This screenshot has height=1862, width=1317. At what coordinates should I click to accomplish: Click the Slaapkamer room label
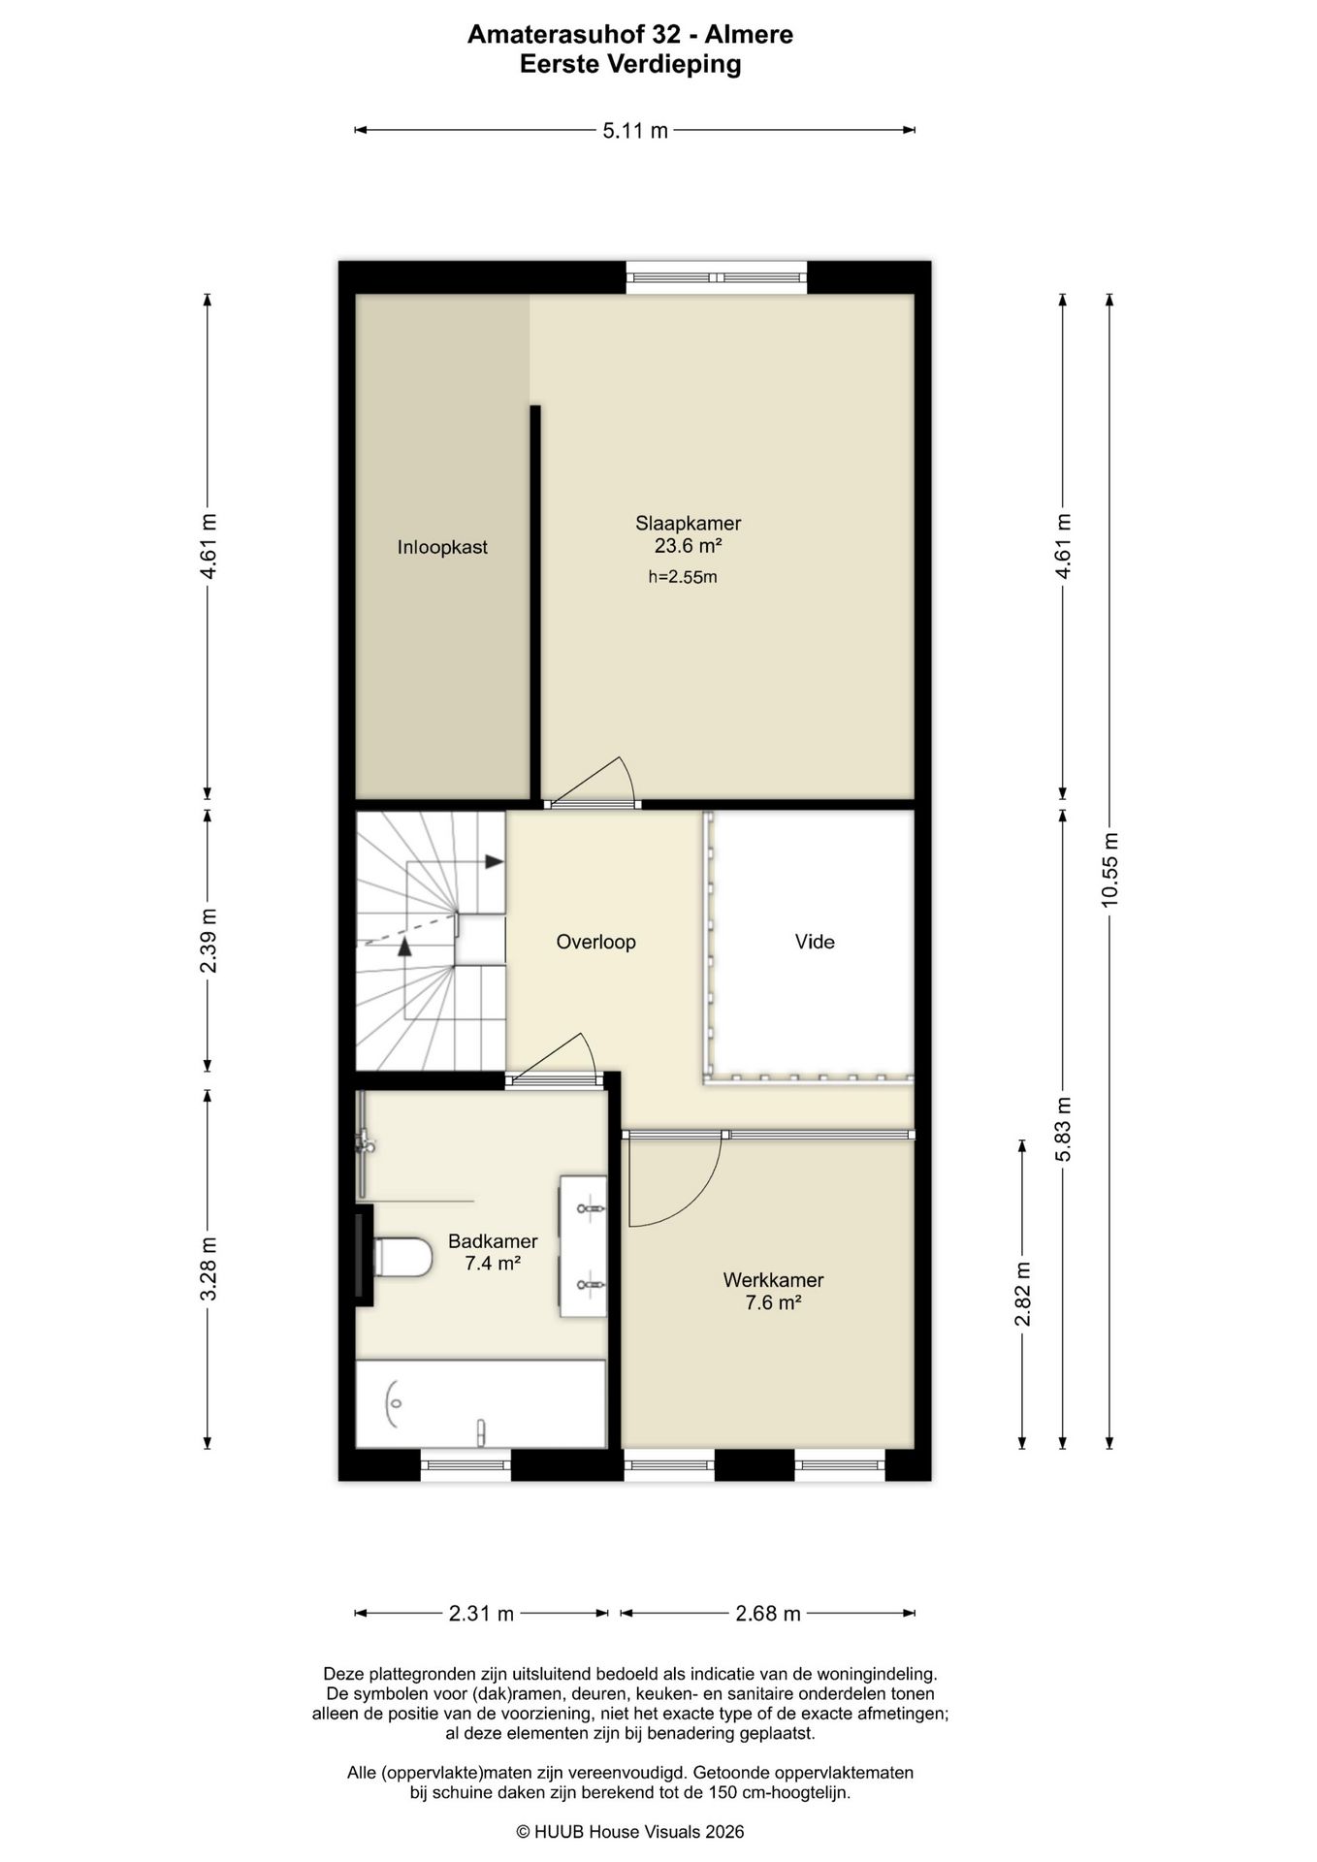pos(688,524)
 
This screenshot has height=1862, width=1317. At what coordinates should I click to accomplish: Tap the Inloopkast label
pos(442,547)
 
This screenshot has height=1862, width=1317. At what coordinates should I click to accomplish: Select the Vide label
pos(815,942)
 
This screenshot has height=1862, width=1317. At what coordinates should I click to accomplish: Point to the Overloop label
pos(595,942)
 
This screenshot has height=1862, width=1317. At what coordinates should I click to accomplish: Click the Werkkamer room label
pos(773,1280)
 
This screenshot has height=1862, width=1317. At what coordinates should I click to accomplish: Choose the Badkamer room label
pos(493,1241)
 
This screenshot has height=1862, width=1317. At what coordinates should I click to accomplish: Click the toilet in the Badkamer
pos(402,1257)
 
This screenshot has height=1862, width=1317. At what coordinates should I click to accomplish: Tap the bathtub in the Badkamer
pos(481,1403)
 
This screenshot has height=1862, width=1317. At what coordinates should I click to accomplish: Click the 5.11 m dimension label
pos(635,131)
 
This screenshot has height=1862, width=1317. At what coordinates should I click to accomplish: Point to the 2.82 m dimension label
pos(1022,1294)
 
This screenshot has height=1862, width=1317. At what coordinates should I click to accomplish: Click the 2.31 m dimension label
pos(481,1614)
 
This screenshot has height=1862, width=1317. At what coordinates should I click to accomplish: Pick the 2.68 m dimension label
pos(768,1614)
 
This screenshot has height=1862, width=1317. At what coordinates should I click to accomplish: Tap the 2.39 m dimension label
pos(208,941)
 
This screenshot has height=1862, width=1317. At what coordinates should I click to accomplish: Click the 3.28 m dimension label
pos(208,1269)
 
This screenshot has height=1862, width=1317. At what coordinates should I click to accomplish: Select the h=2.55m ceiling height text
pos(683,578)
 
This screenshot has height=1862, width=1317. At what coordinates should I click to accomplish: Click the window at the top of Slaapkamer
pos(717,277)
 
